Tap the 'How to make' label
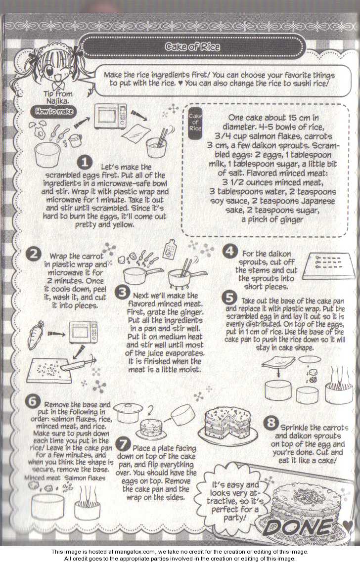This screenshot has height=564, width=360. (54, 111)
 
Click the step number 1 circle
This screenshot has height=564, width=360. (85, 163)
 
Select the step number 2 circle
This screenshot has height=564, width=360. (34, 254)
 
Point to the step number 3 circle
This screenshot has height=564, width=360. (123, 292)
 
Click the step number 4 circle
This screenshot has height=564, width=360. (229, 251)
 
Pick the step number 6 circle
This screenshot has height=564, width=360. (33, 401)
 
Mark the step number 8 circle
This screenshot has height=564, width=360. (271, 422)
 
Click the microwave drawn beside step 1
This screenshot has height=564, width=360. (110, 116)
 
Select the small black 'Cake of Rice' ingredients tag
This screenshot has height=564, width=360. (195, 122)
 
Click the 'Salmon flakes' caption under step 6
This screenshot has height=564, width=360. (86, 478)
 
